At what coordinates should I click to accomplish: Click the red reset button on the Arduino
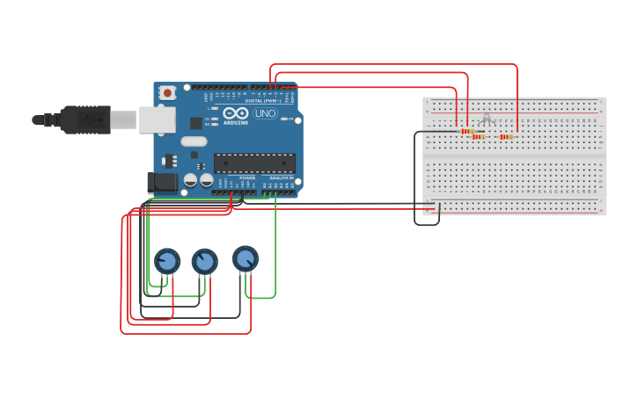[167, 92]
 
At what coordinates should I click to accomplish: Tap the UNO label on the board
[265, 113]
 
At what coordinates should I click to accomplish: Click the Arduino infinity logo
[236, 113]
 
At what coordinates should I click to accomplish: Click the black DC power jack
[161, 182]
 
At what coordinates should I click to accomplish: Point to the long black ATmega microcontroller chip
[254, 163]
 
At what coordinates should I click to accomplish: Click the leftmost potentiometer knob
[167, 261]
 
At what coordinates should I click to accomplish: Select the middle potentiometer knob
[204, 261]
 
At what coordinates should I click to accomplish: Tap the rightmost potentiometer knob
[246, 258]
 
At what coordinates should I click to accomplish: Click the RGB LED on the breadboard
[486, 119]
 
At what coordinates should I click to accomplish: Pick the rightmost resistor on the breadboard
[506, 136]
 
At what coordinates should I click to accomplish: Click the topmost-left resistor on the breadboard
[467, 131]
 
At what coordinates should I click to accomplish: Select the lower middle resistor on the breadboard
[479, 137]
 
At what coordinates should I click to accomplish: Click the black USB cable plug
[84, 119]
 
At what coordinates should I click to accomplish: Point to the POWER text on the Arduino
[247, 177]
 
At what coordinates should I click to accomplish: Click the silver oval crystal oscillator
[194, 141]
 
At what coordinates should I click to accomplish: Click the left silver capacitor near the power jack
[190, 180]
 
